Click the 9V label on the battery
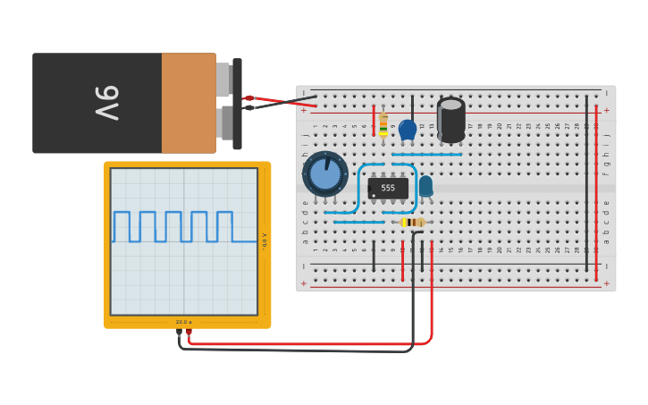[x=105, y=103]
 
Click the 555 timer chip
[x=388, y=188]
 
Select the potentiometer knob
[x=325, y=173]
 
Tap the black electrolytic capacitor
[x=451, y=120]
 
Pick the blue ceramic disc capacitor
[x=408, y=130]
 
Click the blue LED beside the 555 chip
[x=425, y=184]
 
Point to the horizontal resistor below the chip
[x=412, y=222]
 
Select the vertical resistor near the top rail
[x=383, y=124]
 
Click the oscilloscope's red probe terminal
[x=189, y=332]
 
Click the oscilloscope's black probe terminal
[x=179, y=332]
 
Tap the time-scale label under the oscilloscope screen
[x=183, y=322]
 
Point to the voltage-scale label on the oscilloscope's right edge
[x=264, y=240]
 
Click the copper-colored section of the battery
[x=189, y=103]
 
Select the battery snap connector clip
[x=237, y=103]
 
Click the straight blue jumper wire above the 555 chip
[x=427, y=155]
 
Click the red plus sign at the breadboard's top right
[x=606, y=110]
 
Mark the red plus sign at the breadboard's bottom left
[x=304, y=283]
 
